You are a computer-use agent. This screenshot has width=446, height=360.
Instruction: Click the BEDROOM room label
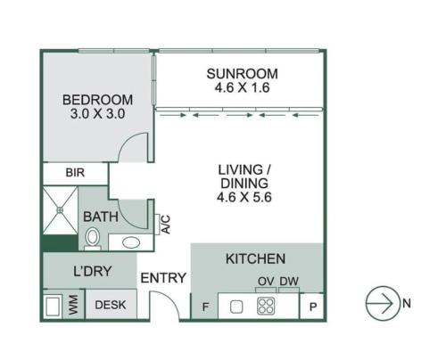[x=97, y=100]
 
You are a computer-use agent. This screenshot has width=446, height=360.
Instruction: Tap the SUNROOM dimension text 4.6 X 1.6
[x=242, y=87]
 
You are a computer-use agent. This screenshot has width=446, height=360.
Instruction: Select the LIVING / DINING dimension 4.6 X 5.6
[x=244, y=197]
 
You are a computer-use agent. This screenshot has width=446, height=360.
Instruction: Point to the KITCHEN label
[x=255, y=258]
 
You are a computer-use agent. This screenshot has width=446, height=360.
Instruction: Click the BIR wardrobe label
[x=75, y=173]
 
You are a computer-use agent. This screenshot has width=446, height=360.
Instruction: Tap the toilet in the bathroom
[x=92, y=239]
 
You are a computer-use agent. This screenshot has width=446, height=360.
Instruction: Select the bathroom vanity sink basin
[x=131, y=242]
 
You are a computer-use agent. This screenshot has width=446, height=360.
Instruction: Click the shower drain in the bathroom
[x=60, y=210]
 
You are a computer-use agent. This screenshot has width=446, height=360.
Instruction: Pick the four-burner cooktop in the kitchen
[x=266, y=306]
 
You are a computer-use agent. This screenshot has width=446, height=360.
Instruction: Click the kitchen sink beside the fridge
[x=236, y=307]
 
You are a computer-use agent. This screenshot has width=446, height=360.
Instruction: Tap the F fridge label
[x=205, y=307]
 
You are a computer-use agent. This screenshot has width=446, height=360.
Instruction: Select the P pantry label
[x=312, y=307]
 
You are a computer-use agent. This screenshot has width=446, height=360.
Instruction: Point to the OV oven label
[x=266, y=281]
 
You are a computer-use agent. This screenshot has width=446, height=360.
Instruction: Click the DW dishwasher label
[x=289, y=281]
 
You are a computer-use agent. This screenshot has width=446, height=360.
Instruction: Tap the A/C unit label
[x=166, y=225]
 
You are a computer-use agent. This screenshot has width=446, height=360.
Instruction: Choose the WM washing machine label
[x=73, y=305]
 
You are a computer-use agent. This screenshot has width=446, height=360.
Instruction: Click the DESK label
[x=111, y=305]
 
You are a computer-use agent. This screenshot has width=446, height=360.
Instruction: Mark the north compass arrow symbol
[x=383, y=303]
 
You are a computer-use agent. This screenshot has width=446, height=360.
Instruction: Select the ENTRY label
[x=163, y=278]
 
